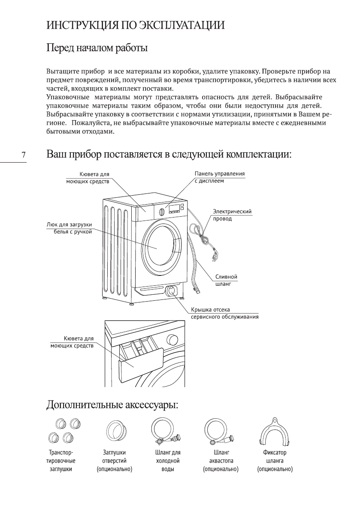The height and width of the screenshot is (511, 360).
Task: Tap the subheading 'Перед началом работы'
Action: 97,48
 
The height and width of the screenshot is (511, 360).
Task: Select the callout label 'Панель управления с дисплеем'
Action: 219,177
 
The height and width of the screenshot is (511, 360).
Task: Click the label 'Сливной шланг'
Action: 226,280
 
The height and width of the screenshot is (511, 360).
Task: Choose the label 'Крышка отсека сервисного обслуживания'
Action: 224,313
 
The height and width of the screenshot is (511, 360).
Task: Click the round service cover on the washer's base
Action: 172,290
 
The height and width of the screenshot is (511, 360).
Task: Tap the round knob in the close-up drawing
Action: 173,339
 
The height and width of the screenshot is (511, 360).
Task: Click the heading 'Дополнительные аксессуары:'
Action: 112,405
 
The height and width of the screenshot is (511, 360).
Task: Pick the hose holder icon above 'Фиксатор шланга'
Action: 275,434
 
